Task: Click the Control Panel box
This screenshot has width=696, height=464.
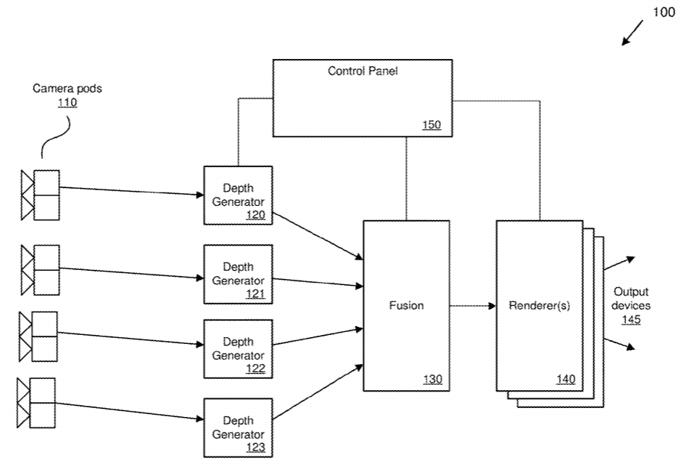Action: [x=362, y=98]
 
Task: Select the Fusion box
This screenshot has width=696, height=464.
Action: [x=406, y=305]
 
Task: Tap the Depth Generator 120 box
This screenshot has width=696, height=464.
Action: [x=238, y=195]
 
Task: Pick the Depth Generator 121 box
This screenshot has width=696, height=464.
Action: [x=238, y=274]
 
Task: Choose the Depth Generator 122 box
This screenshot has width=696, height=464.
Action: [x=238, y=348]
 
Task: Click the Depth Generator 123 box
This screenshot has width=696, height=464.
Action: [x=238, y=427]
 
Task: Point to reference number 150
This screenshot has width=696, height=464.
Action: [x=431, y=125]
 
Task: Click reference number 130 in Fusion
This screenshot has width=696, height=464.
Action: [x=432, y=379]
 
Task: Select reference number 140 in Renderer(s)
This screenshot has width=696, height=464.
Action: [x=565, y=379]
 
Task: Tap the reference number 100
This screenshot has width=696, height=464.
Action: [x=664, y=13]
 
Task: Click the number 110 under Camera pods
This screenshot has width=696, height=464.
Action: [x=67, y=103]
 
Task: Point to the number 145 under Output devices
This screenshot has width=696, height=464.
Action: [x=631, y=319]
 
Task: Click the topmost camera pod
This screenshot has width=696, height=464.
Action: [x=40, y=195]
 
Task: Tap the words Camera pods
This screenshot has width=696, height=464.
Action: [x=67, y=88]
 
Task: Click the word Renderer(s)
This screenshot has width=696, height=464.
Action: [x=539, y=305]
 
